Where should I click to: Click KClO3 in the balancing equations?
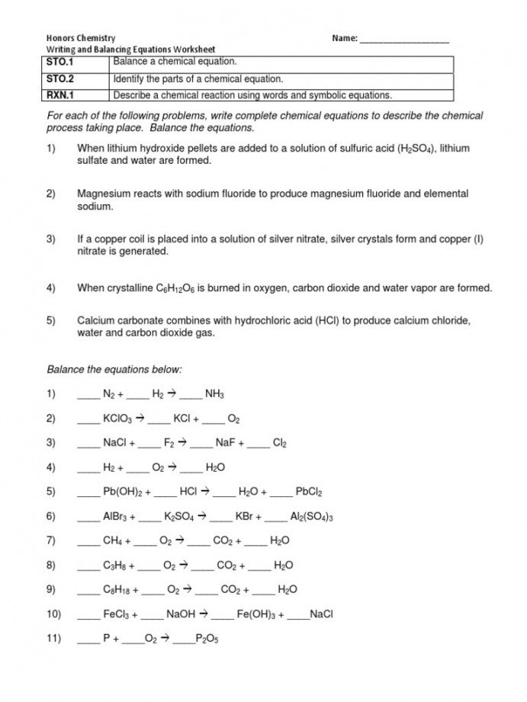118,418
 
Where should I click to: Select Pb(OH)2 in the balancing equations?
123,492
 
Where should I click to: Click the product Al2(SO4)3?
312,516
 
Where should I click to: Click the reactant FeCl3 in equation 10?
117,614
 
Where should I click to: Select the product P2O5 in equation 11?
207,639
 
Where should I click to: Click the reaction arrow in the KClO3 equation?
140,418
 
